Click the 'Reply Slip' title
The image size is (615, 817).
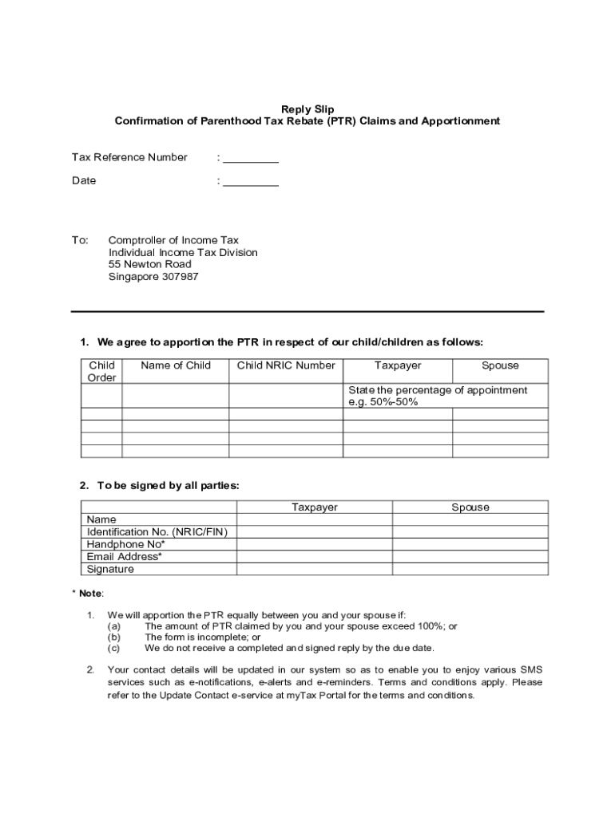(307, 109)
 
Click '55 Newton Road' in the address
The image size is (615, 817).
(150, 264)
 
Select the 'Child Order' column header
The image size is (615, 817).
(102, 371)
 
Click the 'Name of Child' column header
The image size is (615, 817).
(176, 365)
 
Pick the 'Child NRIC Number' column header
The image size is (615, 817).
(286, 365)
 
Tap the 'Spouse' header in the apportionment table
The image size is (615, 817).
(500, 365)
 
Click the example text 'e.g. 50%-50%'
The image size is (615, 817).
(383, 402)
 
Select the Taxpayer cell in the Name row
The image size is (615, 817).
(315, 519)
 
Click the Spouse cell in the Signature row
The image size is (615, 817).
(470, 569)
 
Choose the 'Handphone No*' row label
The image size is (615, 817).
(125, 544)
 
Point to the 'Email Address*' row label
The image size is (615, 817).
(125, 556)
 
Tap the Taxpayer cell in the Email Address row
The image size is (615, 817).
(315, 556)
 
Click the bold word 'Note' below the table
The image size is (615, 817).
(90, 594)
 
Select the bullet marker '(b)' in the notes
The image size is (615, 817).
(114, 637)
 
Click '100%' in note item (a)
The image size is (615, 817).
(433, 626)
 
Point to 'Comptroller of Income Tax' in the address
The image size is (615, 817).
(173, 240)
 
